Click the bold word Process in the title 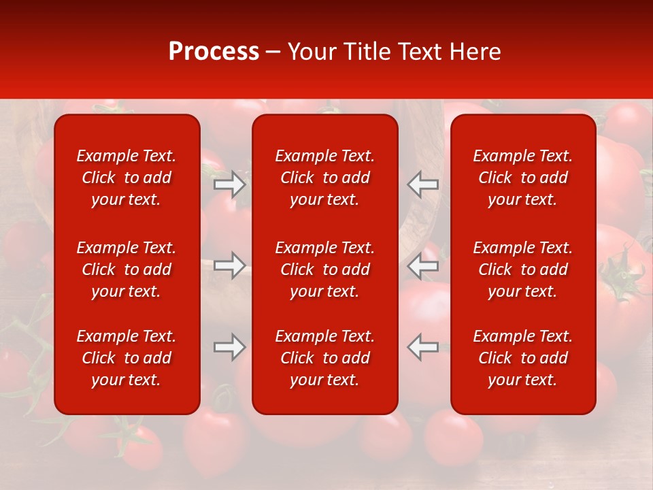click(x=214, y=52)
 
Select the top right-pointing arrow click(x=230, y=184)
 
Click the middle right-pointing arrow click(x=230, y=265)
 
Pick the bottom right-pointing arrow click(x=230, y=347)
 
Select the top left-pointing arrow click(x=423, y=184)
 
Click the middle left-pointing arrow click(x=423, y=265)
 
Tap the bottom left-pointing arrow click(x=423, y=347)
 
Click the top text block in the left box click(x=127, y=178)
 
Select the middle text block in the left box click(x=127, y=269)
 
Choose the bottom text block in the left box click(x=127, y=358)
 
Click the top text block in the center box click(x=325, y=178)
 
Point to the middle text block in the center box click(x=325, y=269)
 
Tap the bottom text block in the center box click(x=325, y=358)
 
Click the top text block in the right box click(x=523, y=178)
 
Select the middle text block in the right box click(x=523, y=269)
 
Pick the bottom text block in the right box click(x=523, y=358)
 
